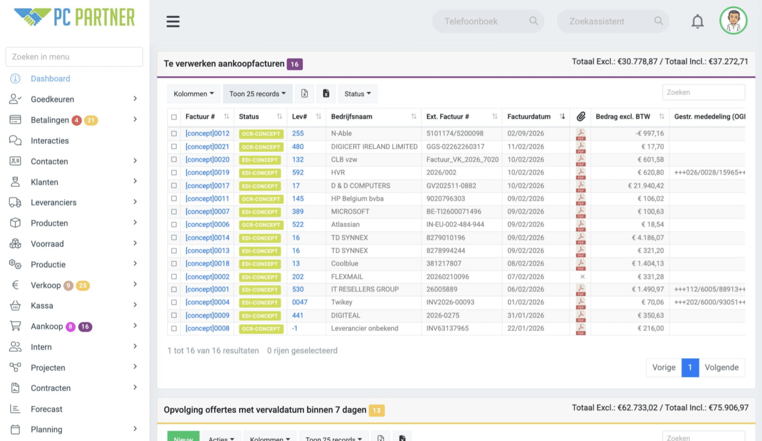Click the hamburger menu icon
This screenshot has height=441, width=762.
click(x=173, y=21)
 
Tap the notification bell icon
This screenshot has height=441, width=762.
click(x=697, y=21)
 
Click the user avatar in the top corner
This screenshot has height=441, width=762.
click(x=733, y=21)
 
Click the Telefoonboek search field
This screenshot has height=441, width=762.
click(x=488, y=21)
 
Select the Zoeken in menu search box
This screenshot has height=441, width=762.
click(x=74, y=57)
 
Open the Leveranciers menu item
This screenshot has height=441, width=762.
click(x=54, y=202)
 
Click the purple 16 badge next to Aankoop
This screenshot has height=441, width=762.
click(x=85, y=326)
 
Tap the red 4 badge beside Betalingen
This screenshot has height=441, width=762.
click(x=76, y=120)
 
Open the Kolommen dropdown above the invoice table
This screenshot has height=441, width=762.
click(x=193, y=94)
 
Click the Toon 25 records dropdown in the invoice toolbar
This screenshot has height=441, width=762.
click(x=258, y=94)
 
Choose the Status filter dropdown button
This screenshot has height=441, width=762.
click(x=358, y=94)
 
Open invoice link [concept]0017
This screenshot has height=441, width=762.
click(x=207, y=185)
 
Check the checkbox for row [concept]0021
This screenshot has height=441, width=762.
click(x=174, y=147)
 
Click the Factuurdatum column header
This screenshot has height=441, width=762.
click(x=529, y=117)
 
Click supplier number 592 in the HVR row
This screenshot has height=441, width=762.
click(x=298, y=172)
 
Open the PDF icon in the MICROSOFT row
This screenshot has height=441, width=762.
click(x=581, y=212)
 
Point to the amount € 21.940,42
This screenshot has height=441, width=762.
click(x=646, y=185)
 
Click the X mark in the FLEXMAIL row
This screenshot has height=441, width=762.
click(x=582, y=277)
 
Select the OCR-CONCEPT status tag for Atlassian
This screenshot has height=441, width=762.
click(x=261, y=225)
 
